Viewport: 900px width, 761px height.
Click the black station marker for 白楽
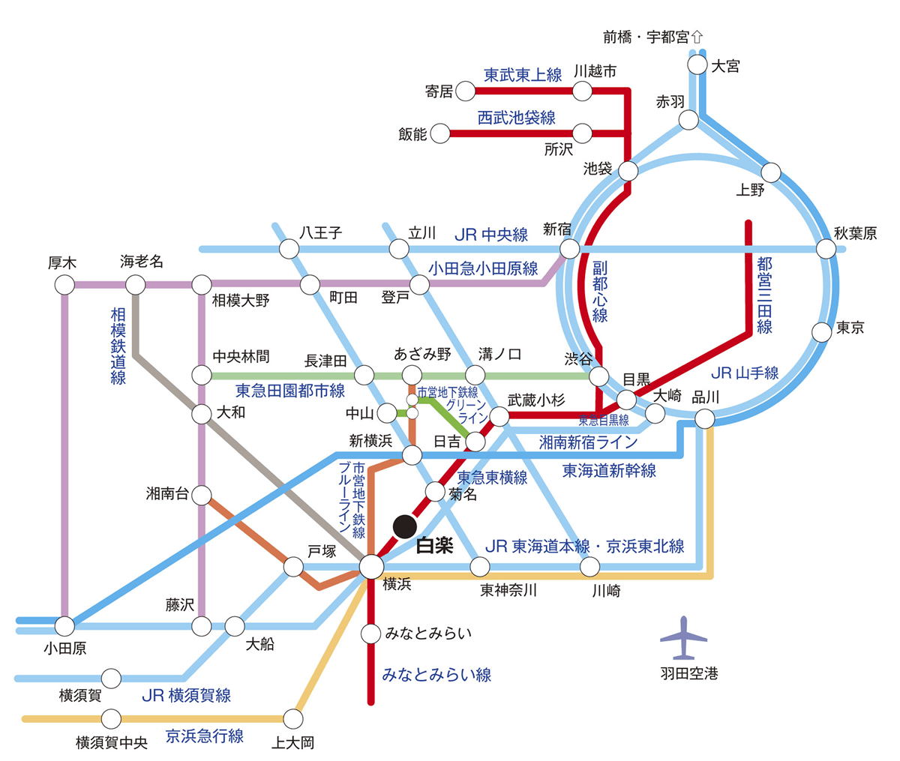(405, 526)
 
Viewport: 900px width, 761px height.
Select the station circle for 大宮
(697, 64)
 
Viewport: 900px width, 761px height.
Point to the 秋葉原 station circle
(826, 249)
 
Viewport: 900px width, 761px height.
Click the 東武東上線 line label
(523, 75)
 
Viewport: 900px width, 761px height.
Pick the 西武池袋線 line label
(517, 118)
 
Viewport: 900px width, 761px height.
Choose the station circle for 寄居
(466, 92)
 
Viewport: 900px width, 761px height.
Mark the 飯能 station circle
(440, 134)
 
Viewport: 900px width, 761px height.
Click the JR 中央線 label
(491, 235)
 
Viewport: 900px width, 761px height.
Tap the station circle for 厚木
(64, 285)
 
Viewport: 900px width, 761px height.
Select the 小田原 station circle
(64, 625)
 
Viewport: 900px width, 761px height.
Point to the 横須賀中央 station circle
(111, 718)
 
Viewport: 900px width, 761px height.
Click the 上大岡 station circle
(293, 718)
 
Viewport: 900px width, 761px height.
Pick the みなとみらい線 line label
(436, 675)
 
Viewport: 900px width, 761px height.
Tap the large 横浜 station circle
(371, 566)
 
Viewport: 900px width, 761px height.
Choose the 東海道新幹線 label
(609, 471)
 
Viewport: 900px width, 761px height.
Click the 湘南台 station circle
(201, 494)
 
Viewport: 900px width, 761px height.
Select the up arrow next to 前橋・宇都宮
(697, 36)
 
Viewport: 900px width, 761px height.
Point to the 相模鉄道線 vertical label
(118, 345)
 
